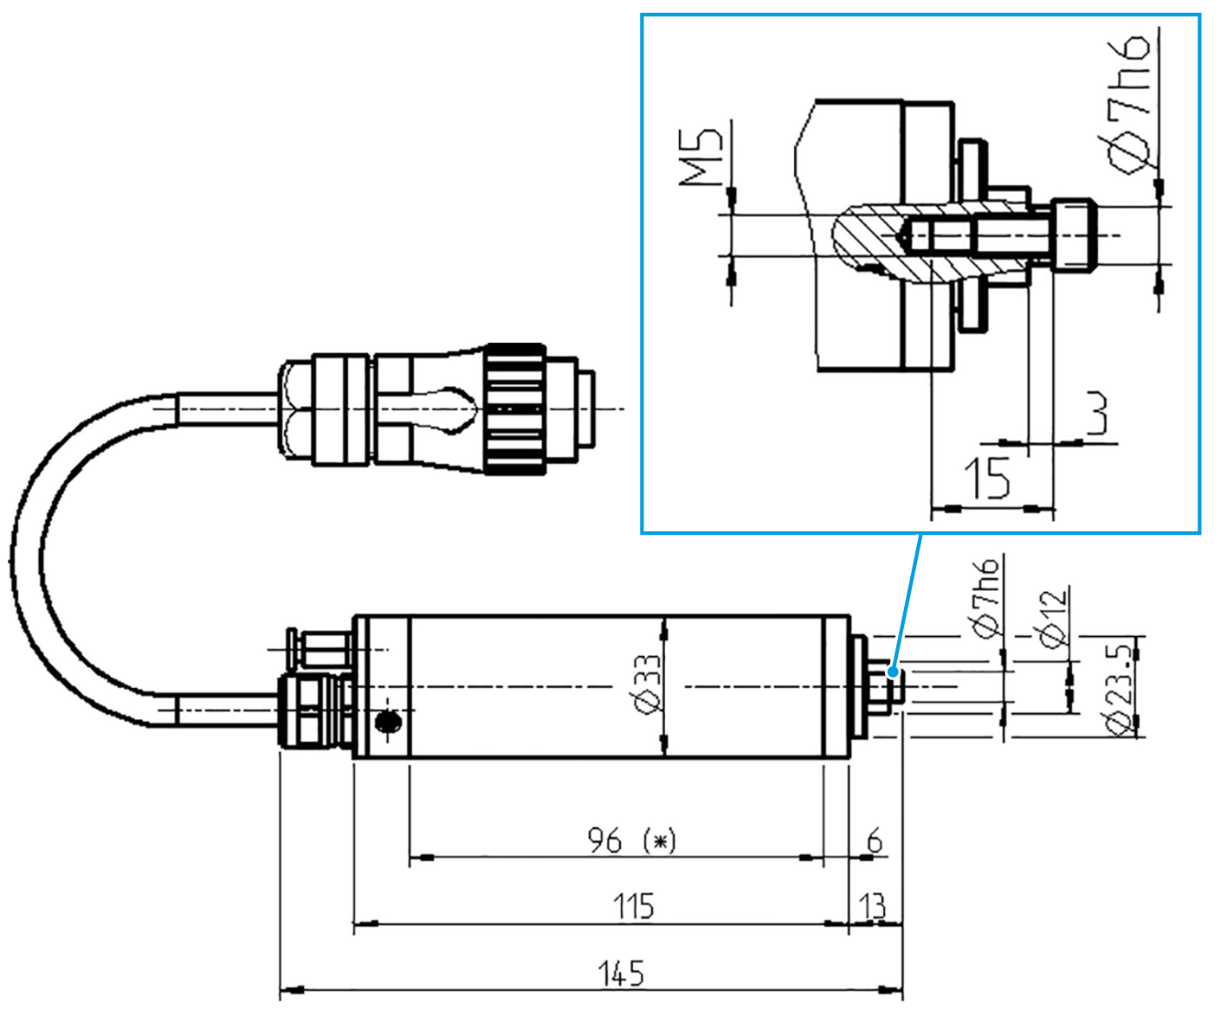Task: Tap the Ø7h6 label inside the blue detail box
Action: (1128, 104)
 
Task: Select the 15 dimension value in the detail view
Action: (987, 478)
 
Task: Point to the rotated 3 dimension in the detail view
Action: (1096, 414)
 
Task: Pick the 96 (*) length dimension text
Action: (631, 840)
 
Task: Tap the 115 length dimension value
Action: (633, 906)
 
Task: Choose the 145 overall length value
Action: (622, 974)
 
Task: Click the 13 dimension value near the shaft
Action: (873, 906)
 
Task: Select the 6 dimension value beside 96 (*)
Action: (875, 840)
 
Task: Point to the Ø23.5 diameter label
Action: (1119, 688)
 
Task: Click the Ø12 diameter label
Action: (1051, 618)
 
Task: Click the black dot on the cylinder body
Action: (390, 720)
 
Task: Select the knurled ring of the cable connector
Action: (515, 408)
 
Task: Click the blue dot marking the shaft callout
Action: (893, 669)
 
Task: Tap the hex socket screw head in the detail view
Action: (1074, 235)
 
